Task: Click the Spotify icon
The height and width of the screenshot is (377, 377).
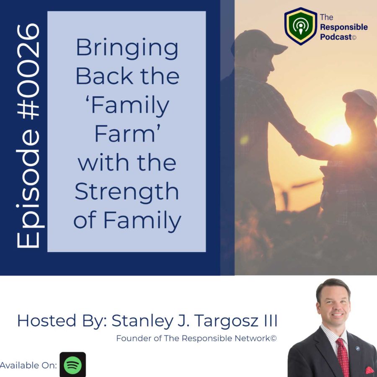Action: [72, 364]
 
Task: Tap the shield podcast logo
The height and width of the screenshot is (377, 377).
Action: [300, 26]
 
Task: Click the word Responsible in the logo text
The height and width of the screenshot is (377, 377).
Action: [344, 27]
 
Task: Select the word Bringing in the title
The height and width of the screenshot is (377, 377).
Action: [127, 49]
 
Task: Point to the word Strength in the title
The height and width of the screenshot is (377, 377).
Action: [127, 191]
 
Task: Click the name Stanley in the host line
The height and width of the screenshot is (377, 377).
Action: [142, 321]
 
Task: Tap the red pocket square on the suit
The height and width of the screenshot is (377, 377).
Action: [369, 370]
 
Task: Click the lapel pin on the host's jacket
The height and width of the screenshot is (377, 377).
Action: [358, 349]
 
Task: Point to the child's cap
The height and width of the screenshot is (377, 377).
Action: [360, 97]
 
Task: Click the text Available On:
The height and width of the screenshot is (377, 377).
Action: [28, 365]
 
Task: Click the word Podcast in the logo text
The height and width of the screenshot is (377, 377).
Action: [336, 37]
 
